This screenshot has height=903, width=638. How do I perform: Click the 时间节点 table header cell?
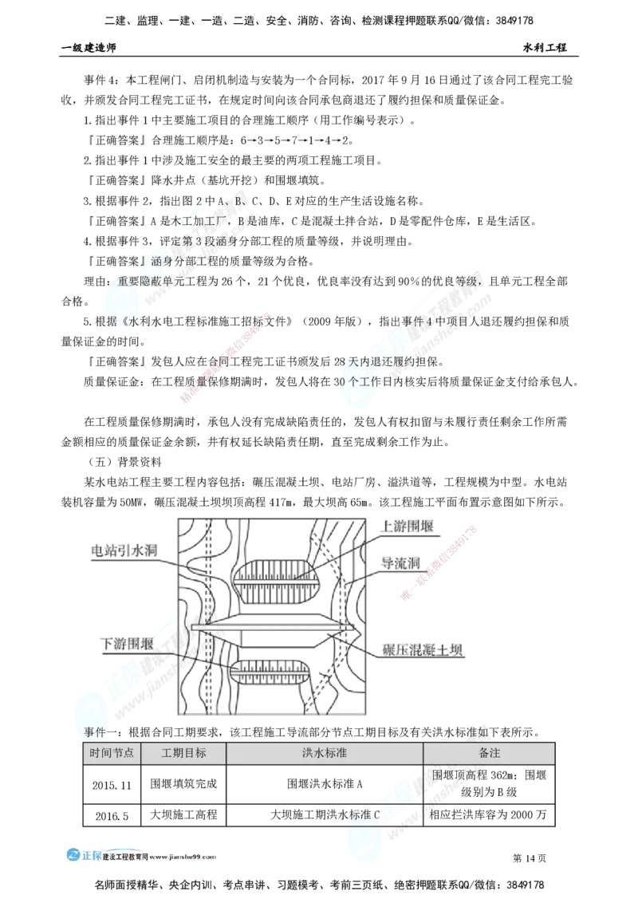[112, 753]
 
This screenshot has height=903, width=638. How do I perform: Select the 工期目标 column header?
[183, 753]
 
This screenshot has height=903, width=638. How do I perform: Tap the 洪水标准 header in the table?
[324, 753]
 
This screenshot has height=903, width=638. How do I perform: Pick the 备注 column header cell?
[489, 753]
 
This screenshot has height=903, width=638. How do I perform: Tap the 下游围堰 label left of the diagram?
[128, 643]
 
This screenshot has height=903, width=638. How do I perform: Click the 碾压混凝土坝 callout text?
[422, 650]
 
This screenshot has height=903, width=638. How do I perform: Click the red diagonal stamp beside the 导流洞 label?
[439, 562]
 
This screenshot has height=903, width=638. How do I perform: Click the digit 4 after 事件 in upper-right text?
[428, 321]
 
